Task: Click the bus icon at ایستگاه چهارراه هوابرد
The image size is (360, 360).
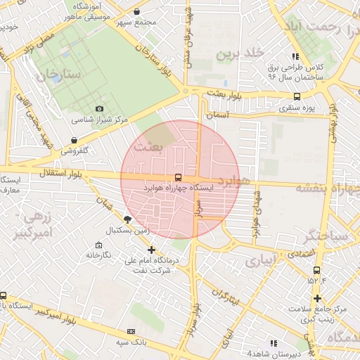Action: point(177,179)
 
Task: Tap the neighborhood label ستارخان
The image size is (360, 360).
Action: point(62,74)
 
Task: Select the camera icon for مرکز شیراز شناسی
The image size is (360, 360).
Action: point(99,109)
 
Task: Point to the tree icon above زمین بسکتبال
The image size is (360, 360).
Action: point(127,219)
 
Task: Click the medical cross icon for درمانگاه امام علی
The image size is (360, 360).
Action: point(151,250)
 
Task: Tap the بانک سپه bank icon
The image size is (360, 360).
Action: point(130,331)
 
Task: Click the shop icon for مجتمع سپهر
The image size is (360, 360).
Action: point(136,11)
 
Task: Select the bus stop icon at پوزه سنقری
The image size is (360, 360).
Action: point(297,96)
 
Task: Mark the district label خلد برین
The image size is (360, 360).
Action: point(239,53)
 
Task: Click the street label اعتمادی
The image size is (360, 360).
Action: point(299,252)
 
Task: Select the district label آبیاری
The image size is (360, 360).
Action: point(262,262)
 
